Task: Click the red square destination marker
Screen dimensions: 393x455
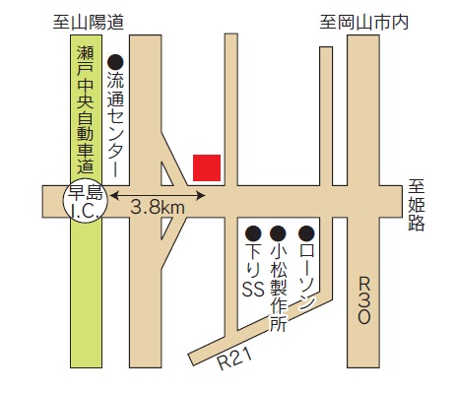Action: tap(207, 167)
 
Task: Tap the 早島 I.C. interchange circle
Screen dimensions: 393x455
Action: tap(83, 202)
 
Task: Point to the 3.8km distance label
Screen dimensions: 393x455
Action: tap(159, 209)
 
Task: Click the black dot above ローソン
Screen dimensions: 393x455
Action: tap(306, 233)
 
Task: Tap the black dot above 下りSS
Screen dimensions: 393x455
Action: tap(252, 233)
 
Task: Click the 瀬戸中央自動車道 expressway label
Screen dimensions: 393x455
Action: tap(85, 108)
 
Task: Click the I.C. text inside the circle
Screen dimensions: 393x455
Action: tap(83, 211)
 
